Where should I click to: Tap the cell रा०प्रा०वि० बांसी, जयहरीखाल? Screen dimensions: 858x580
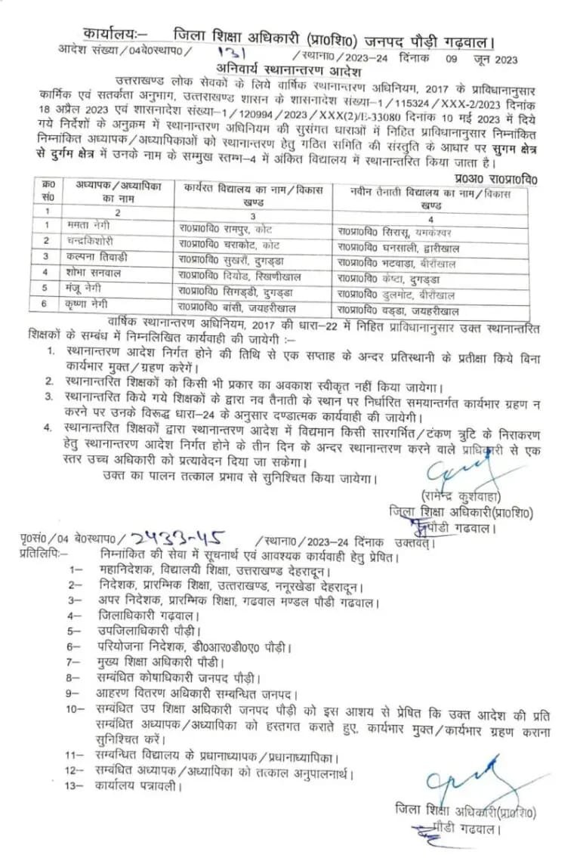point(236,307)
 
